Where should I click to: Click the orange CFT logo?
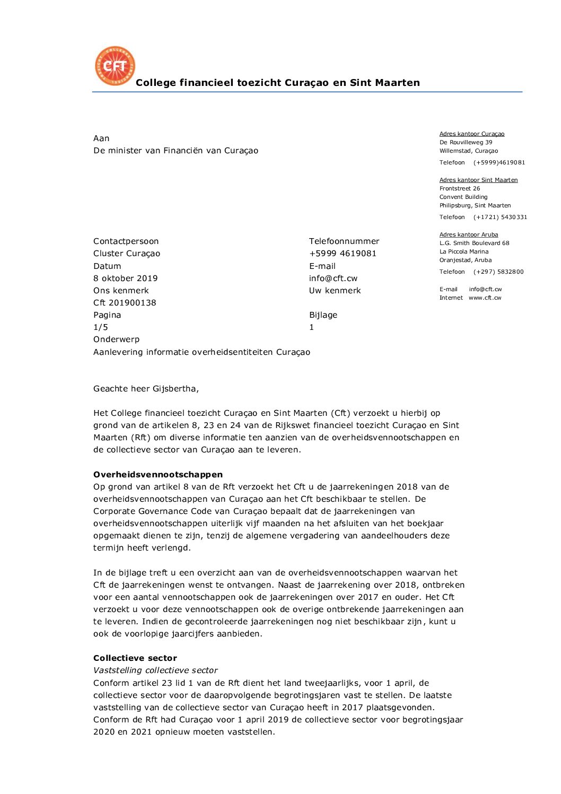(115, 66)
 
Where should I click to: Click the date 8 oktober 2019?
(125, 278)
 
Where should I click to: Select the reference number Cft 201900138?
(125, 303)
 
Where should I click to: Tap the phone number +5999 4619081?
(343, 254)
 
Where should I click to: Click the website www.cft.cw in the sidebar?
(485, 298)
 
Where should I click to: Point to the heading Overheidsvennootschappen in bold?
(158, 475)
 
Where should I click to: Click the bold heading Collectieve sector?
(135, 658)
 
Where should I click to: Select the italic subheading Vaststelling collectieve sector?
(155, 670)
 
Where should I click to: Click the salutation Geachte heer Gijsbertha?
(146, 389)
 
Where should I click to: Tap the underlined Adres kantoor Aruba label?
(469, 234)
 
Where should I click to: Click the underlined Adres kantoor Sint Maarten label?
(478, 180)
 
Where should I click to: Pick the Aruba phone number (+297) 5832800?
(498, 272)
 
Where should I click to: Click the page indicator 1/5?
(101, 327)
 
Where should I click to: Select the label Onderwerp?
(116, 339)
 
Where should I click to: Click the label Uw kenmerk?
(335, 291)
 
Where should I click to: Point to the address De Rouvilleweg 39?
(466, 142)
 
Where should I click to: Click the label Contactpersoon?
(126, 241)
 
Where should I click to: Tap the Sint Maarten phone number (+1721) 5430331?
(500, 217)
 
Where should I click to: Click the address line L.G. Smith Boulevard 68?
(474, 243)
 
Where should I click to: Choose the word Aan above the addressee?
(101, 138)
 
